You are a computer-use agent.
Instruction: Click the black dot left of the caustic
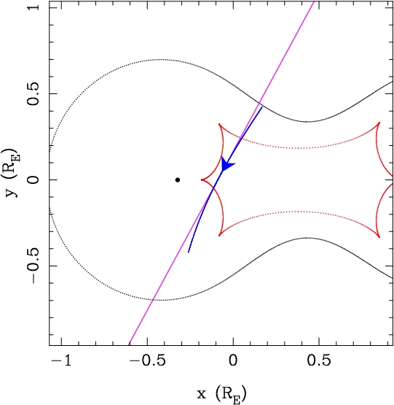point(178,180)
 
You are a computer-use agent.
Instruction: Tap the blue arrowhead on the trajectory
point(227,164)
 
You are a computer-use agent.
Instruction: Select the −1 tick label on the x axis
point(61,360)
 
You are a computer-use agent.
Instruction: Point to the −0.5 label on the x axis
point(147,360)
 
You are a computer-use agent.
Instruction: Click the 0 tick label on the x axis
point(233,360)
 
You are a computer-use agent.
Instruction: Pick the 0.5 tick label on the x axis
point(319,360)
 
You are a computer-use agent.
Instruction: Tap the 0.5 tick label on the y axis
point(34,93)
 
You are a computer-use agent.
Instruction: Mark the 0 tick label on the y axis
point(34,180)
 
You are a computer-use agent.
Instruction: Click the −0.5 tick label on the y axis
point(34,266)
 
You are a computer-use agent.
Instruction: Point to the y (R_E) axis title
point(12,172)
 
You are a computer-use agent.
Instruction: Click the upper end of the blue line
point(262,107)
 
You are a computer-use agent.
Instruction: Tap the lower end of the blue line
point(189,252)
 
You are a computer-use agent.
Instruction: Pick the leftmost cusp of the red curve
point(202,180)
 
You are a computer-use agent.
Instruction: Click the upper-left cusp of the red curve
point(219,124)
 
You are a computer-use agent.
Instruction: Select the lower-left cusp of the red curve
point(219,236)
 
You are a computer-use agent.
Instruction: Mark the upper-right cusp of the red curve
point(379,123)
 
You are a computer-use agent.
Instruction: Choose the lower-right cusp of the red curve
point(379,236)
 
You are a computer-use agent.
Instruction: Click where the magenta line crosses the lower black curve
point(153,300)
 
